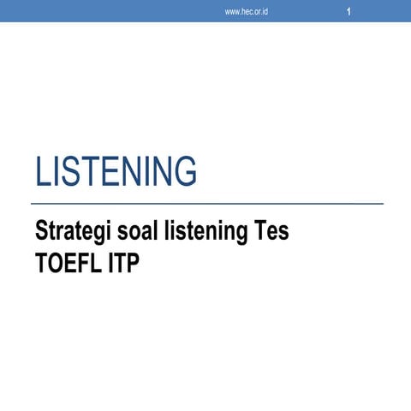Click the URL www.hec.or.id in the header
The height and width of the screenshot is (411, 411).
(x=247, y=12)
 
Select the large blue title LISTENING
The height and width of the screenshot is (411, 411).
(x=116, y=171)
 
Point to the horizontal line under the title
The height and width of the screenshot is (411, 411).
(x=205, y=204)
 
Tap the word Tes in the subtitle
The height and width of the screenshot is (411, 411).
(x=271, y=232)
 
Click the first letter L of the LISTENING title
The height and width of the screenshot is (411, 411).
(x=42, y=171)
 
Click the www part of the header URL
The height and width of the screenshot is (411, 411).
(x=231, y=12)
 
